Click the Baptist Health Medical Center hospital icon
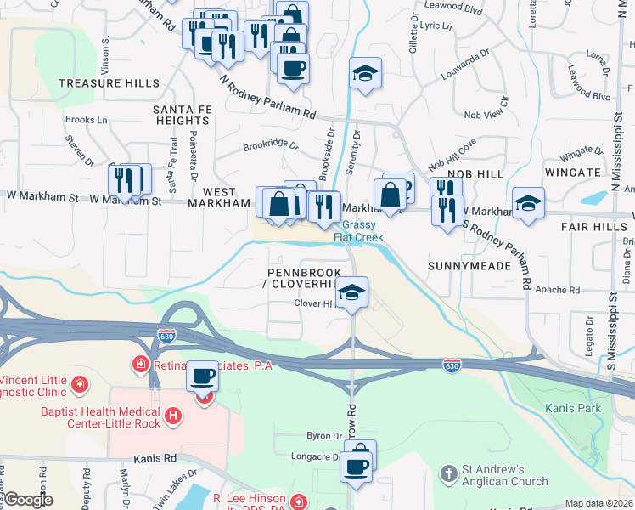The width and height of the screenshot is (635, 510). [173, 416]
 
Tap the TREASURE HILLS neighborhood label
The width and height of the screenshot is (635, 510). [109, 83]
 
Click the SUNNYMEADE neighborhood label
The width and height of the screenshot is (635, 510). [475, 266]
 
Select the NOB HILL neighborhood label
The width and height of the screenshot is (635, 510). [469, 173]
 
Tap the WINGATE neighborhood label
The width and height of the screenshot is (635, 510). [574, 173]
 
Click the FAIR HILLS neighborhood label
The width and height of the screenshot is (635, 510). [592, 228]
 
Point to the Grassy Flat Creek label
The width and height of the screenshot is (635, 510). [359, 232]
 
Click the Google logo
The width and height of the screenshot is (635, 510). [28, 501]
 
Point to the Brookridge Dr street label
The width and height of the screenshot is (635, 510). [271, 145]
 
